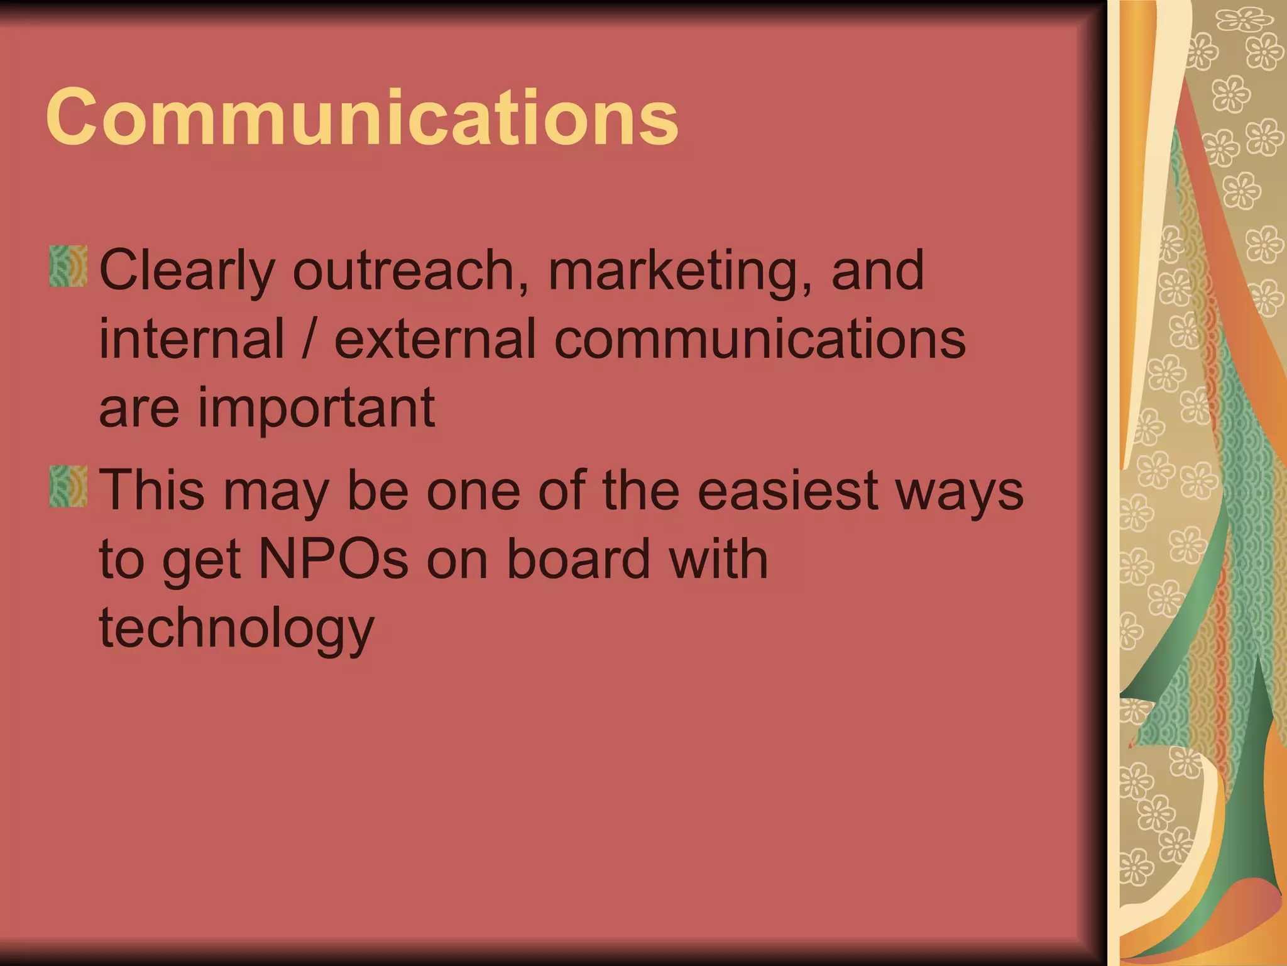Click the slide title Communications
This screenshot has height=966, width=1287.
(362, 118)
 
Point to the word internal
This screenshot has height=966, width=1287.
(192, 339)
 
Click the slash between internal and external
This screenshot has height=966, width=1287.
(308, 339)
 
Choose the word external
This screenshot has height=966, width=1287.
(435, 339)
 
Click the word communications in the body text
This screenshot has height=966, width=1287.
(760, 339)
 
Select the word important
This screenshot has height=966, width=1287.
(317, 409)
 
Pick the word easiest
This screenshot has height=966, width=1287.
(787, 490)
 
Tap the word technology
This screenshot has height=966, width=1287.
(237, 628)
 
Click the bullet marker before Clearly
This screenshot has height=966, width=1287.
(68, 267)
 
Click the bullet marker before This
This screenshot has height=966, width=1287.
(68, 486)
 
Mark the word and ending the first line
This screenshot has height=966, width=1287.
(877, 270)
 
